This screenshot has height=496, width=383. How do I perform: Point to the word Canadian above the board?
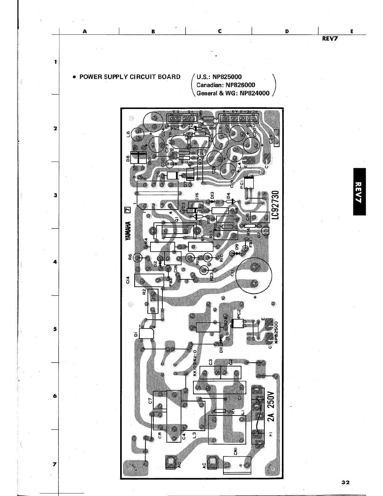[208, 85]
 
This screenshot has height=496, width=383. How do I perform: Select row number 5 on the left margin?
[55, 329]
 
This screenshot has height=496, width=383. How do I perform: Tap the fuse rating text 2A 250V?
[271, 406]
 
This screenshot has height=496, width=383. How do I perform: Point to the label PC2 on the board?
[238, 313]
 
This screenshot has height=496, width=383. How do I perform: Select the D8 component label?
[128, 159]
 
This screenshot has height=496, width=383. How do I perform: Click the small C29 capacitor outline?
[277, 138]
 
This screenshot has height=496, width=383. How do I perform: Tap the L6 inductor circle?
[137, 135]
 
